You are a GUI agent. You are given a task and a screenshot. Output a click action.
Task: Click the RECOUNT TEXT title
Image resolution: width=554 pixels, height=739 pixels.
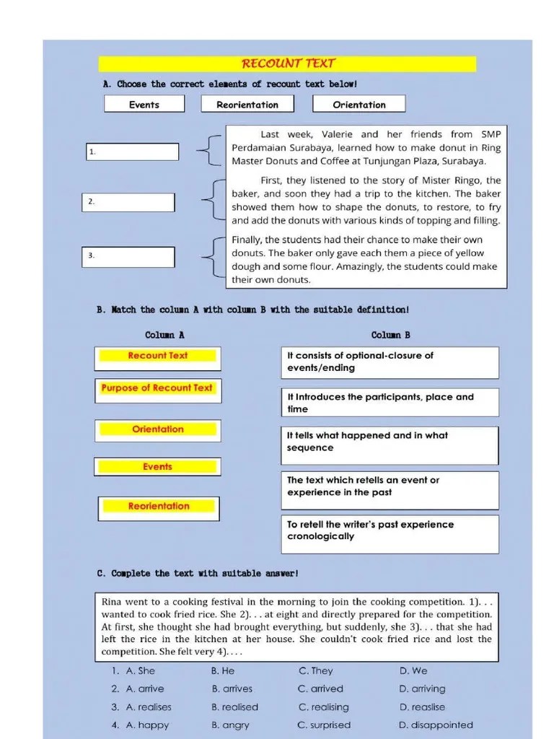(x=288, y=64)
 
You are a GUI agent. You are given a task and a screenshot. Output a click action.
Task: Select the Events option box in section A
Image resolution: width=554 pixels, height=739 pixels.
(x=144, y=105)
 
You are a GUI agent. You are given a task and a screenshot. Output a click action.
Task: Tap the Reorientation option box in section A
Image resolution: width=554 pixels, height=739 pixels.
(x=247, y=105)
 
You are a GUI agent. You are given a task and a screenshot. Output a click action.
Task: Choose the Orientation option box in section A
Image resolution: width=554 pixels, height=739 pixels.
(x=359, y=105)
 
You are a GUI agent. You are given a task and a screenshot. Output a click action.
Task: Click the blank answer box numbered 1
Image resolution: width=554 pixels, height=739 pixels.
(x=132, y=152)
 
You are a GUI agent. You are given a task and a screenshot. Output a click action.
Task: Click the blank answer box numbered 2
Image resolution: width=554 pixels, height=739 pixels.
(x=128, y=202)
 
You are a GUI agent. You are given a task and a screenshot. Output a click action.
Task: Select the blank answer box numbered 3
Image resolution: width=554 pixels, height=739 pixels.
(x=128, y=255)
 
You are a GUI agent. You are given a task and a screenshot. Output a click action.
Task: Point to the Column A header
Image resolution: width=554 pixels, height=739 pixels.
(x=164, y=335)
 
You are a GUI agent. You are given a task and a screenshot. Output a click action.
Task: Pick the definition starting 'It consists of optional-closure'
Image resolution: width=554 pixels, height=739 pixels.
(x=389, y=362)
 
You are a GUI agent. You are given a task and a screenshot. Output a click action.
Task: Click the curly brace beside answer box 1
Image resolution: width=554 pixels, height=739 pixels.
(x=206, y=152)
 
